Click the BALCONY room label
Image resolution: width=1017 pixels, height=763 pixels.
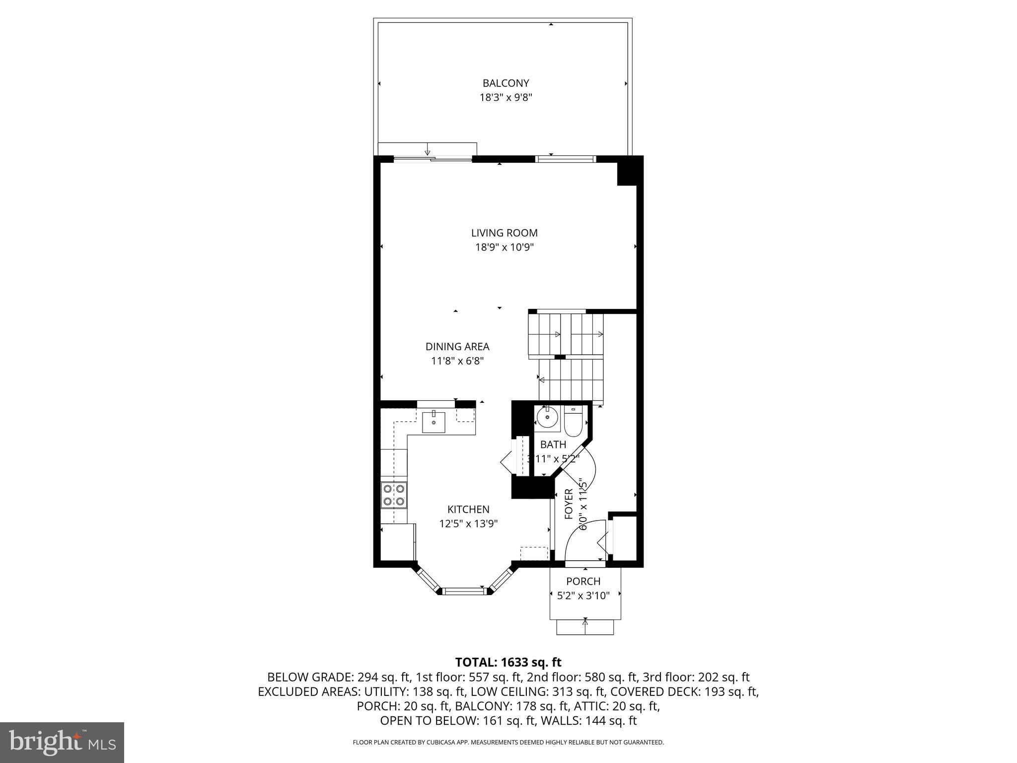click(x=506, y=83)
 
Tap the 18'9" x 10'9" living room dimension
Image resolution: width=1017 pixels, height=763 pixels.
click(x=505, y=247)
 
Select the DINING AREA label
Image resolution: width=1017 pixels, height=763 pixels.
click(x=457, y=347)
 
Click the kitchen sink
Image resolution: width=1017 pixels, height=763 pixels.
click(x=434, y=422)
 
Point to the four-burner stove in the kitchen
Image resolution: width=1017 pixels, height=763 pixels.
click(x=394, y=495)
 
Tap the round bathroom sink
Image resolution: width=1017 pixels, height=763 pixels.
click(x=547, y=418)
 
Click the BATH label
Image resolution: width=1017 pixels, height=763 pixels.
click(x=553, y=445)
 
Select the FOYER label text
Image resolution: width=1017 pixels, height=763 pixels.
click(x=569, y=504)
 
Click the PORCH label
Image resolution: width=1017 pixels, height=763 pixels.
click(x=583, y=581)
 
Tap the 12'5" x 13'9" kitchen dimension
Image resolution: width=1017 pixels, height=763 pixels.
click(x=468, y=524)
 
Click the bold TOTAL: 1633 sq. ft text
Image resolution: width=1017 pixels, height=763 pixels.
click(x=508, y=662)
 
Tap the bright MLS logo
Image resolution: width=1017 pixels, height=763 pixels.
click(x=62, y=742)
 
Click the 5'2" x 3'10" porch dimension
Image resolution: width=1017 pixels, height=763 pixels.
click(x=583, y=596)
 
